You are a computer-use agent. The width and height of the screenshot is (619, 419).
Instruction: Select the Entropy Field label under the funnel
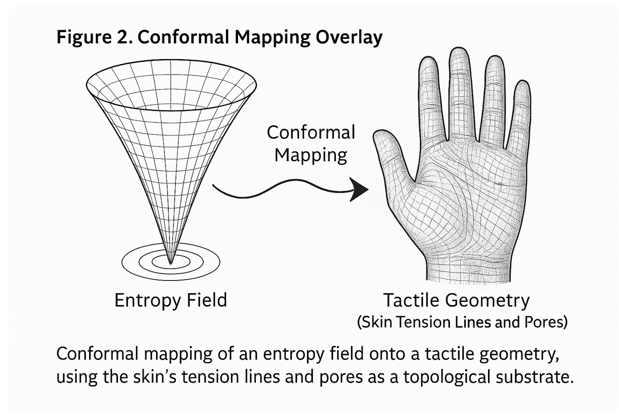pyautogui.click(x=171, y=300)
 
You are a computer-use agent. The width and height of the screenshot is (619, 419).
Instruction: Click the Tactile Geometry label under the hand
pyautogui.click(x=456, y=300)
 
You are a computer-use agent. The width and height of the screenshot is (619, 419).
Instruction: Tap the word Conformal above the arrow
pyautogui.click(x=311, y=133)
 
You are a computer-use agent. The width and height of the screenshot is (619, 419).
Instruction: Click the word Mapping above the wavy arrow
pyautogui.click(x=311, y=155)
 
